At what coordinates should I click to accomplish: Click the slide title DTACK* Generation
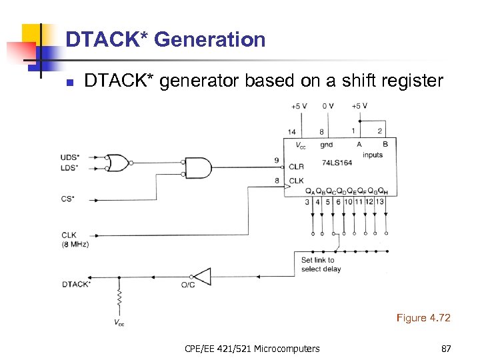[165, 40]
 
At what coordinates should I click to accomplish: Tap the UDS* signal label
[69, 157]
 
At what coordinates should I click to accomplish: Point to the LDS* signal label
[69, 167]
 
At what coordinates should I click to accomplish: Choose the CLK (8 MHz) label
[75, 239]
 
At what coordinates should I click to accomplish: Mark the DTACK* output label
[76, 284]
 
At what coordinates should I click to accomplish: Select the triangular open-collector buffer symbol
[201, 275]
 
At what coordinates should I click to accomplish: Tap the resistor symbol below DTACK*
[119, 302]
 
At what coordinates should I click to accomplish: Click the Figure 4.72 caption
[423, 318]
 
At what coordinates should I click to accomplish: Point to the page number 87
[446, 348]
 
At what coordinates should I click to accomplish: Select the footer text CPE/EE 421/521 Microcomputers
[252, 348]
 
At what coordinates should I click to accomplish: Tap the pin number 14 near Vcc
[291, 132]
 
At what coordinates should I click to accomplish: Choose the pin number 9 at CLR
[276, 160]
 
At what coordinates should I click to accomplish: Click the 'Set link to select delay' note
[321, 265]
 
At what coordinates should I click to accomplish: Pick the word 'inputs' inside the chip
[372, 155]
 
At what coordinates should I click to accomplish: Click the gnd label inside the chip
[326, 145]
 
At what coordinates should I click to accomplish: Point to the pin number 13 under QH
[380, 202]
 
